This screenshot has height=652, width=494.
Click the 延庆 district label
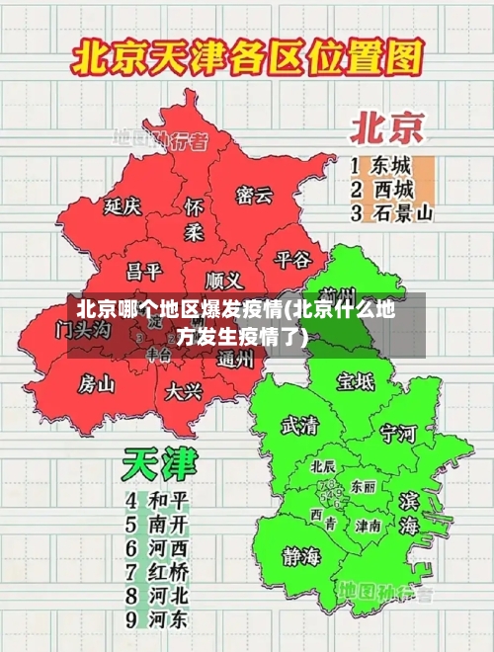123,206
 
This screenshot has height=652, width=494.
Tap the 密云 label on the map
254,195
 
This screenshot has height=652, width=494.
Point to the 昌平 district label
144,270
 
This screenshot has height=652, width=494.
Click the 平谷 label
292,259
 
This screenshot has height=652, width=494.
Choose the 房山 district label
97,383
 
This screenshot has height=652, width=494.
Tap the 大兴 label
184,391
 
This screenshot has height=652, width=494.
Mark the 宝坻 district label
356,380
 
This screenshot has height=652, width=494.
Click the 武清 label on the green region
300,425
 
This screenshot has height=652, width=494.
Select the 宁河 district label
399,433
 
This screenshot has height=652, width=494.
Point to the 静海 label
300,555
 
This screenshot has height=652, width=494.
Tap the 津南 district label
369,526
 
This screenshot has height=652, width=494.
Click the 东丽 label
363,487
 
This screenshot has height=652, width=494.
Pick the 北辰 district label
323,465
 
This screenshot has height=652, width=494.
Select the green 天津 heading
159,464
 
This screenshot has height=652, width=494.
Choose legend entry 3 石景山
393,211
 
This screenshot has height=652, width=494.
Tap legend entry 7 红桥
157,570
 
